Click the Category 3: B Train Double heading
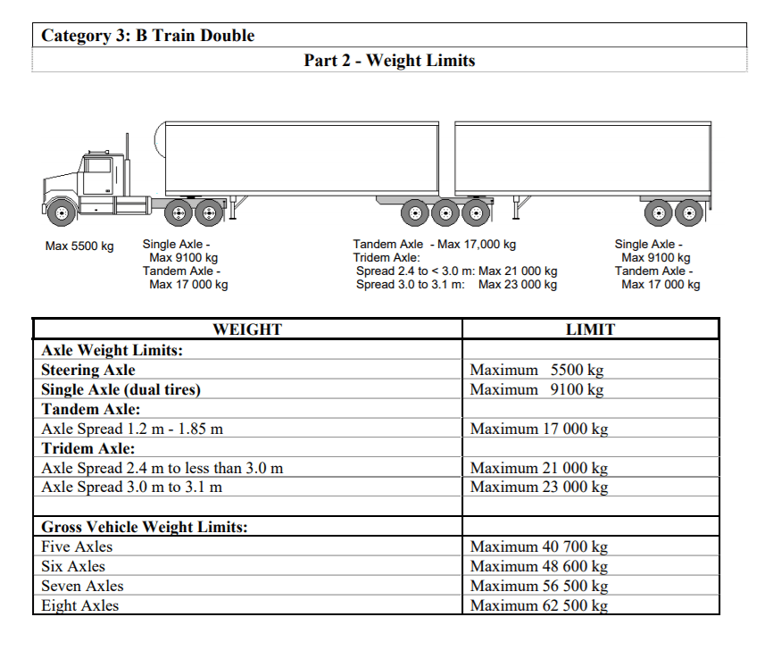pyautogui.click(x=148, y=36)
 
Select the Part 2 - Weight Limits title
pyautogui.click(x=389, y=61)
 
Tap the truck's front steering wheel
pyautogui.click(x=60, y=213)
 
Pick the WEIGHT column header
pyautogui.click(x=247, y=329)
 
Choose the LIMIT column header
pyautogui.click(x=590, y=329)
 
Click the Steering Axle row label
pyautogui.click(x=88, y=370)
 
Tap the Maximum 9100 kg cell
pyautogui.click(x=536, y=389)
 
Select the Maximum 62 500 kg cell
pyautogui.click(x=539, y=605)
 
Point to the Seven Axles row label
pyautogui.click(x=82, y=586)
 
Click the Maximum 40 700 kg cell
pyautogui.click(x=539, y=546)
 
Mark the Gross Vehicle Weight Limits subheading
pyautogui.click(x=145, y=527)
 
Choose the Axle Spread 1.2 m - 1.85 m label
pyautogui.click(x=132, y=429)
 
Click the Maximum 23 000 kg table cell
pyautogui.click(x=539, y=487)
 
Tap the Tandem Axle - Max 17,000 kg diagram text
pyautogui.click(x=434, y=245)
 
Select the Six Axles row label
pyautogui.click(x=73, y=566)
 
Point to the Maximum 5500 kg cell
pyautogui.click(x=536, y=370)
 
